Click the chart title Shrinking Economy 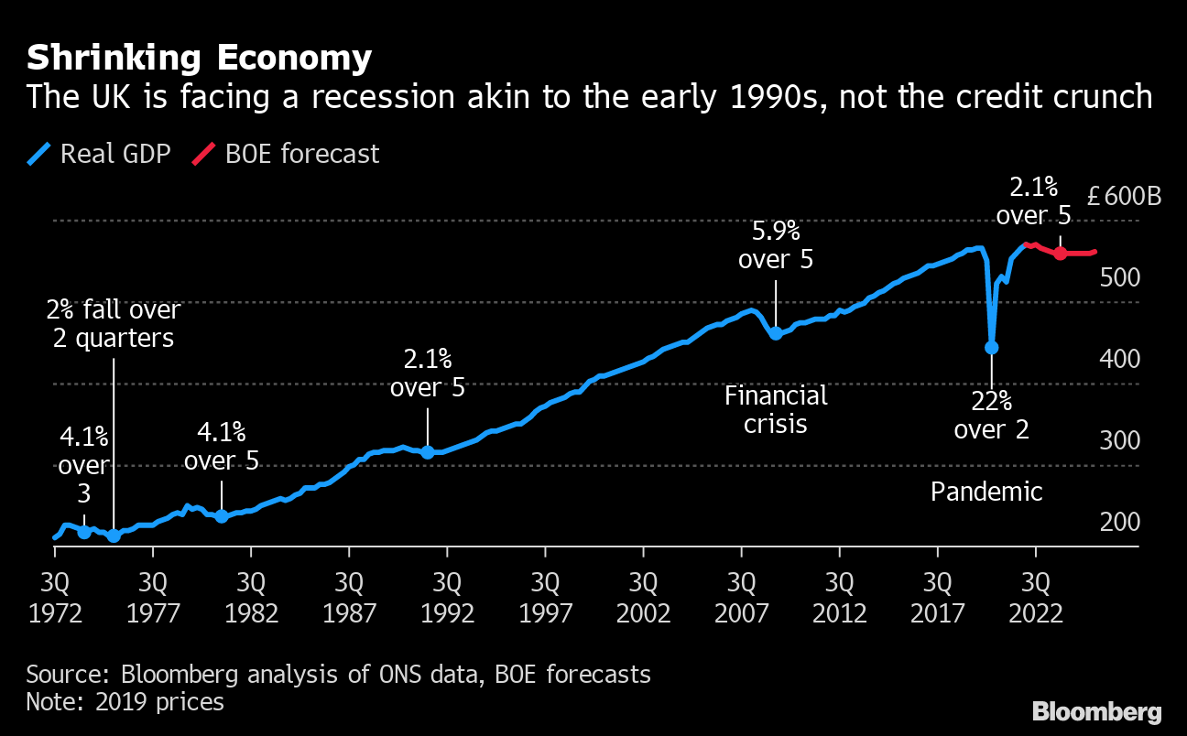pos(199,58)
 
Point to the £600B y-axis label pos(1124,197)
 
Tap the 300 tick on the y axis pos(1120,441)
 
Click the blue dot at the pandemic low pos(991,347)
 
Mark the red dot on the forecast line pos(1060,254)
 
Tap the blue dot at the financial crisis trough pos(776,333)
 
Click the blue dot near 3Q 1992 pos(427,452)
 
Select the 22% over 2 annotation pos(992,415)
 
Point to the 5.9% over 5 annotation pos(776,244)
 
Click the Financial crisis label pos(776,409)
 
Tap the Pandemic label pos(986,492)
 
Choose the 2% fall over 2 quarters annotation pos(114,323)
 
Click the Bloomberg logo pos(1096,711)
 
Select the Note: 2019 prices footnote pos(125,702)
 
